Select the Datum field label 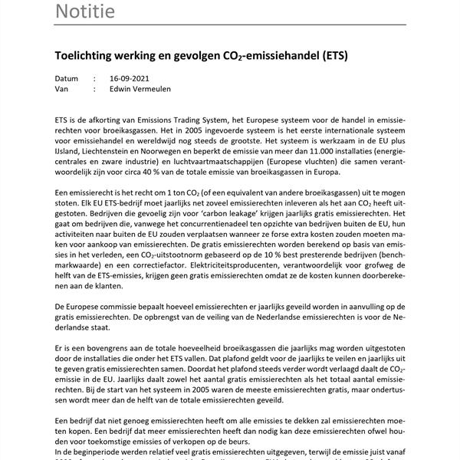pyautogui.click(x=67, y=78)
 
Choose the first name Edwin pyautogui.click(x=123, y=89)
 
